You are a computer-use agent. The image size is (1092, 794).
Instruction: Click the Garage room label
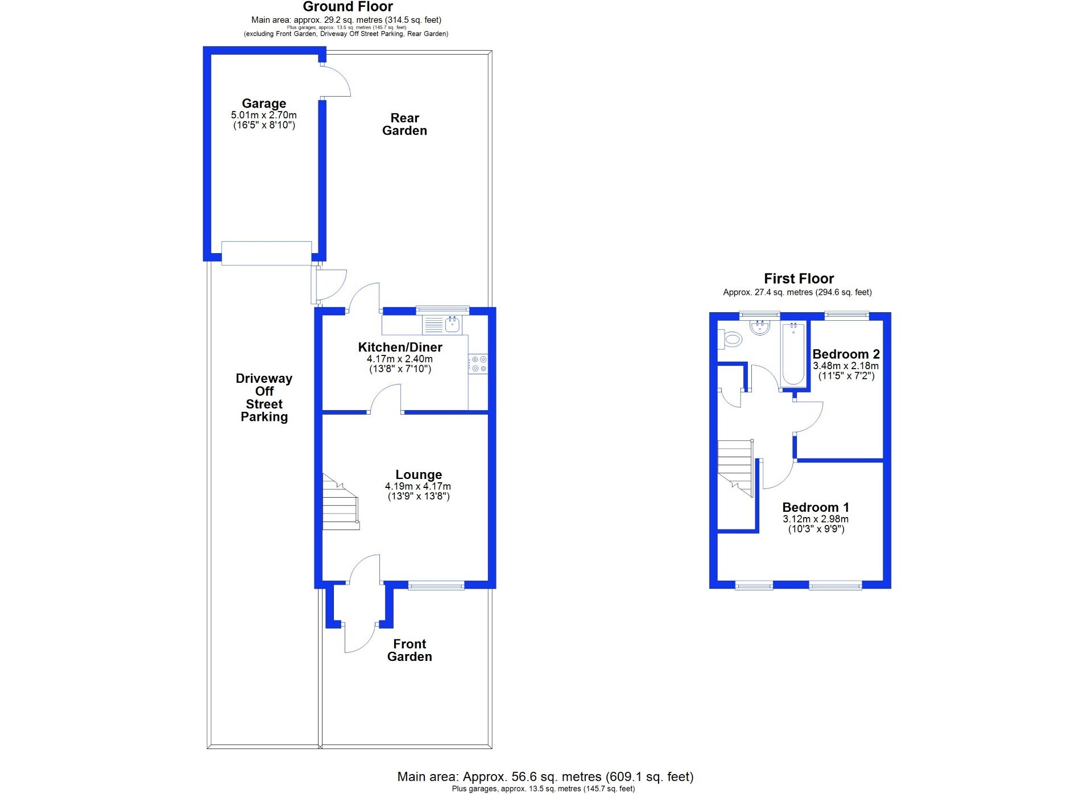click(264, 104)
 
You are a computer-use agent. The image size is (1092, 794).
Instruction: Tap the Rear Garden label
click(404, 125)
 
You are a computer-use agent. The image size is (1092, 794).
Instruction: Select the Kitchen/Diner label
click(400, 347)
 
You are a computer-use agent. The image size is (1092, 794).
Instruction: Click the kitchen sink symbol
click(453, 325)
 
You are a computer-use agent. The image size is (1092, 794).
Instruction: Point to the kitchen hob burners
click(478, 364)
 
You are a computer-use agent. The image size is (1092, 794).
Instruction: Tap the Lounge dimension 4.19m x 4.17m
click(418, 486)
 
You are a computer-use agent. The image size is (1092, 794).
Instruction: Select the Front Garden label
click(409, 650)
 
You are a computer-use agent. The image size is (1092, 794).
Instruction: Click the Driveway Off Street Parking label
click(264, 398)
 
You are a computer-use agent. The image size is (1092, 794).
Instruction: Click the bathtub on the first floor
click(793, 354)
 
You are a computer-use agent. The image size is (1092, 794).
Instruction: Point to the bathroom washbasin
click(760, 328)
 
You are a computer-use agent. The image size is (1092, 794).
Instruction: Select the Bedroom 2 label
click(846, 354)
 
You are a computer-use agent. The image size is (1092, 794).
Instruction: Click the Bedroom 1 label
click(816, 507)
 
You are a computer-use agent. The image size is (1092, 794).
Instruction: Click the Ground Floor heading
click(348, 7)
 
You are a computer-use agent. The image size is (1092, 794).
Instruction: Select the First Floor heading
click(799, 279)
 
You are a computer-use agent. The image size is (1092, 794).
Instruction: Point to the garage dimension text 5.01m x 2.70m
click(263, 115)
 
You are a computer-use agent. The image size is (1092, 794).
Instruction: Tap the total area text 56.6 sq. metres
click(532, 776)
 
